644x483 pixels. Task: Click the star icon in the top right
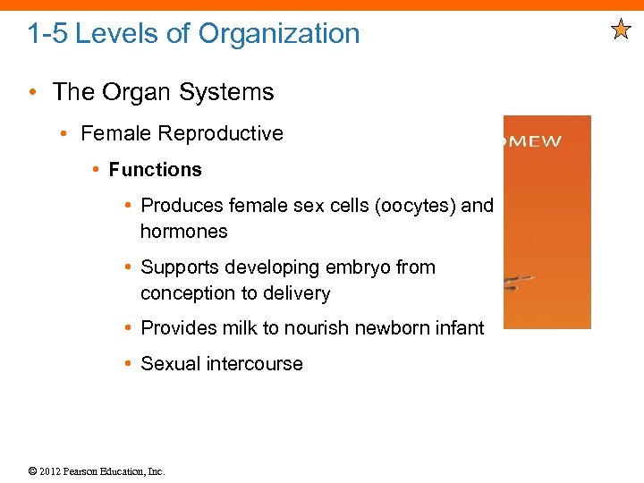click(621, 30)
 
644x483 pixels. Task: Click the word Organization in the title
click(279, 34)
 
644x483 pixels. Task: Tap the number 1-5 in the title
click(47, 34)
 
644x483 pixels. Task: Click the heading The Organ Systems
click(163, 92)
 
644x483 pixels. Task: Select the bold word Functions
click(155, 170)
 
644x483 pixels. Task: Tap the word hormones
click(183, 232)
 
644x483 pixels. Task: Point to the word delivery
click(297, 293)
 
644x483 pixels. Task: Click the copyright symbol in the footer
click(32, 471)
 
